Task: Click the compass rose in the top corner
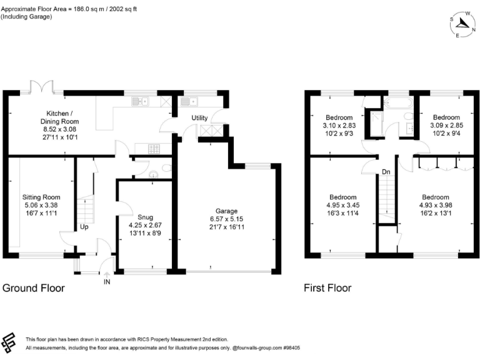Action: [463, 24]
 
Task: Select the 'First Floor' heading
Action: [327, 288]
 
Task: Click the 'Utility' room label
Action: [199, 117]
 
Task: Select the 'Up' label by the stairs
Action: [83, 227]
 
